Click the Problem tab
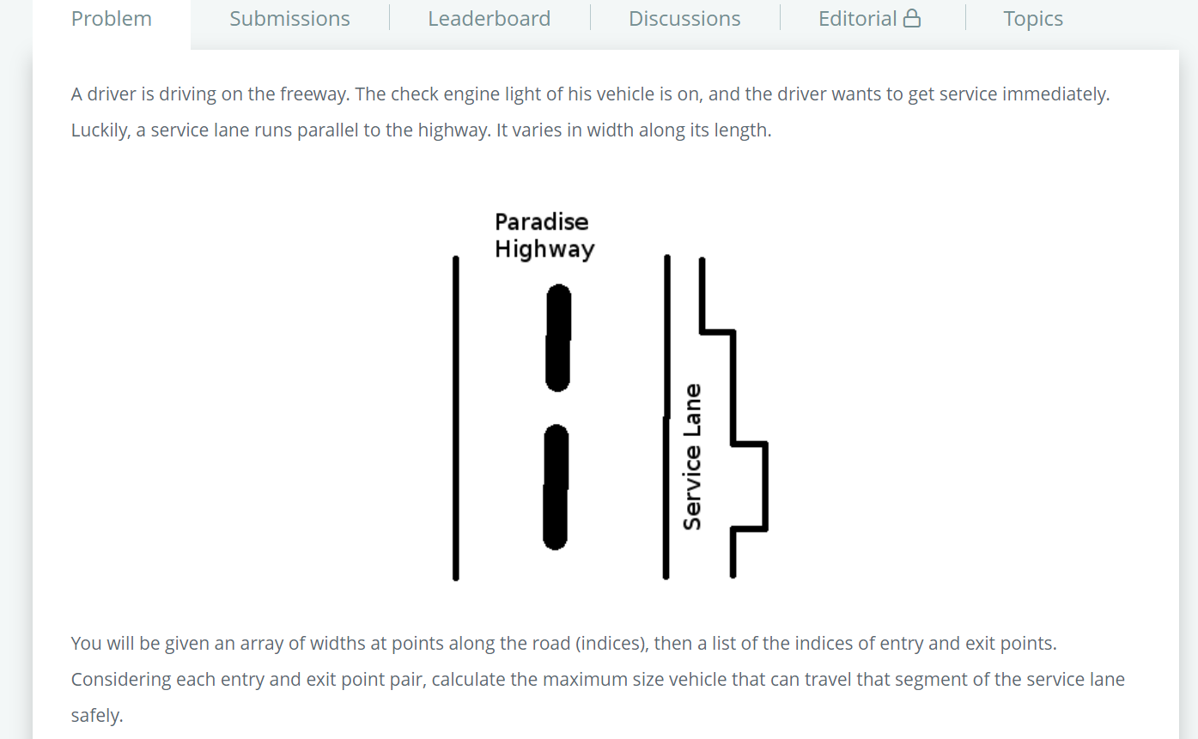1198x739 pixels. click(112, 19)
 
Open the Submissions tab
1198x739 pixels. click(290, 19)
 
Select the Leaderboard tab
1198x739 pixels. click(489, 19)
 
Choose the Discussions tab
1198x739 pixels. click(684, 19)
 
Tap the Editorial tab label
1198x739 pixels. click(857, 19)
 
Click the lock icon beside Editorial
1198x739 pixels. click(912, 18)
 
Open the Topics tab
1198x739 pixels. click(1033, 19)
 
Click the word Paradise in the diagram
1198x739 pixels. click(541, 221)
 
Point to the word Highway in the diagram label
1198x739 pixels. click(544, 250)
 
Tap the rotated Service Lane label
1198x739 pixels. click(692, 457)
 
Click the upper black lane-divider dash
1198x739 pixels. click(558, 337)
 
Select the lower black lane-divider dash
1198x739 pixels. click(556, 487)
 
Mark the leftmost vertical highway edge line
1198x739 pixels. click(456, 418)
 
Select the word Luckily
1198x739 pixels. click(100, 130)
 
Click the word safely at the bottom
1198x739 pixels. click(97, 716)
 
